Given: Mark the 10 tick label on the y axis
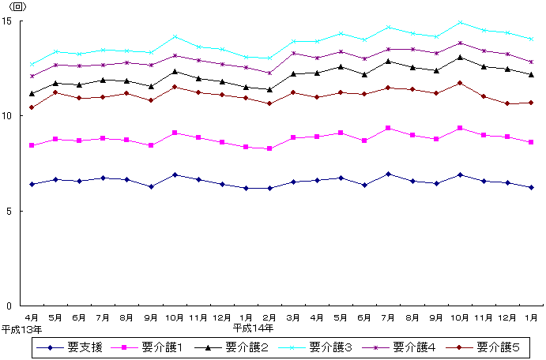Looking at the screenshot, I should pyautogui.click(x=7, y=116).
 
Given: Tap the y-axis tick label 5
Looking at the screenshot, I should pyautogui.click(x=9, y=211).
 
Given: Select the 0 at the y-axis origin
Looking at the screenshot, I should pyautogui.click(x=9, y=306).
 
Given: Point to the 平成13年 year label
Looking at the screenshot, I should pyautogui.click(x=21, y=327).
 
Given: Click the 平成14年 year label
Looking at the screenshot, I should pyautogui.click(x=253, y=327).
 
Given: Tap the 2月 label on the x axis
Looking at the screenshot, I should pyautogui.click(x=270, y=317).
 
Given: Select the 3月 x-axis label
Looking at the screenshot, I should pyautogui.click(x=294, y=317).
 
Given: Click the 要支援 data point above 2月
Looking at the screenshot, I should pyautogui.click(x=270, y=188).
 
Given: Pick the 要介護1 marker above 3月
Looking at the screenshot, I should pyautogui.click(x=294, y=137).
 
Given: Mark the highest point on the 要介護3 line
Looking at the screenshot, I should pyautogui.click(x=460, y=22).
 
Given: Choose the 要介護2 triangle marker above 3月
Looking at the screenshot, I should pyautogui.click(x=294, y=74).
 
